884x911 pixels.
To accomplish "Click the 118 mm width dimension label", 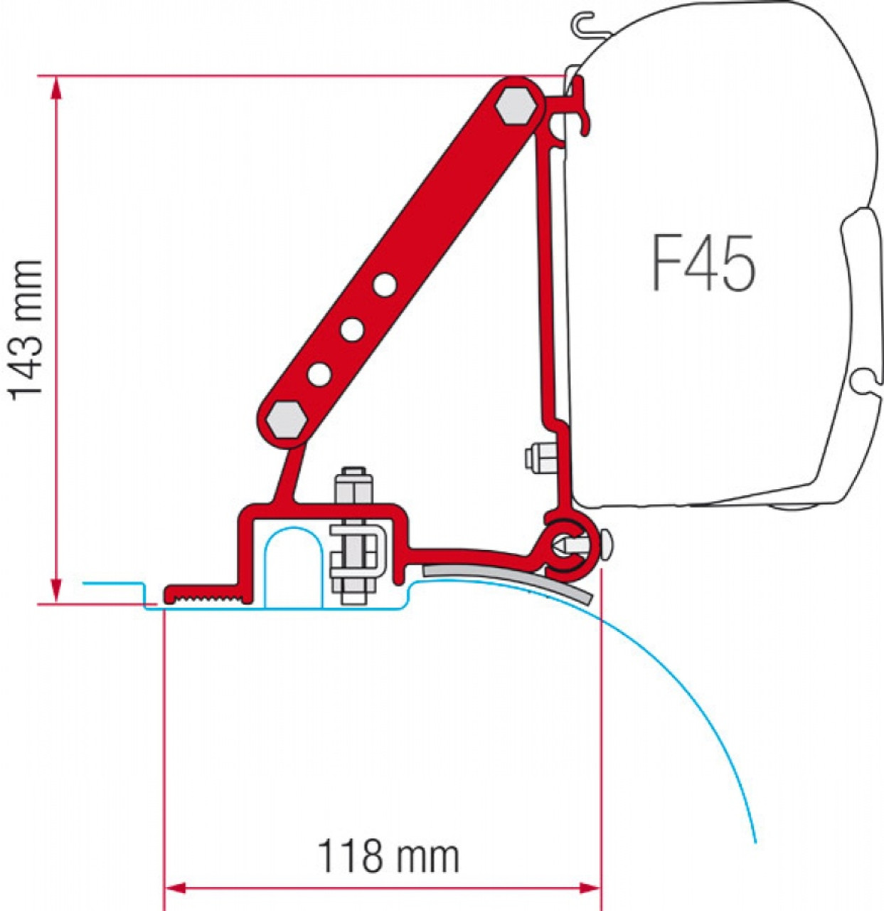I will tap(388, 856).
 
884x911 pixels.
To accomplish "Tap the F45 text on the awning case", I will tap(703, 265).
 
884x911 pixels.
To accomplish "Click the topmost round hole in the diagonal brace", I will tap(385, 285).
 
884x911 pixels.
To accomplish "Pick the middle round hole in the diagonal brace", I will tap(352, 330).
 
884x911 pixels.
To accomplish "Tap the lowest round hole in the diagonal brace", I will tap(319, 374).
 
